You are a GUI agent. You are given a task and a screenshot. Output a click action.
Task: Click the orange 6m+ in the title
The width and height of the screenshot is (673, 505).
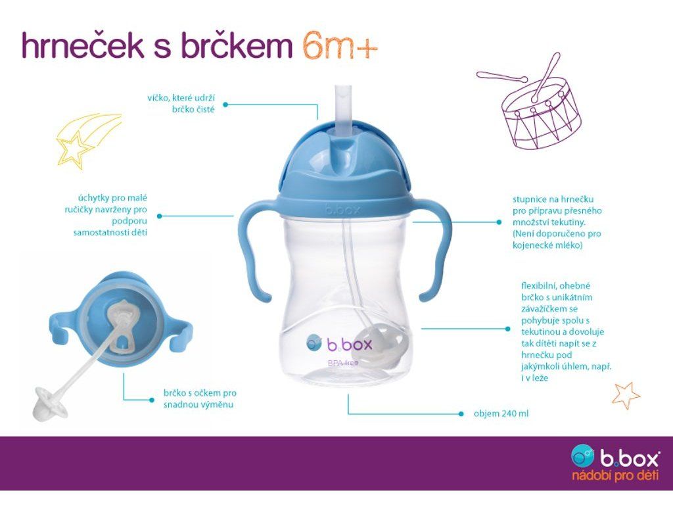pyautogui.click(x=340, y=46)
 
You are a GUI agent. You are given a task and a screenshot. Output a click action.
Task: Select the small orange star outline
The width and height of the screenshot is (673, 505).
pyautogui.click(x=626, y=395)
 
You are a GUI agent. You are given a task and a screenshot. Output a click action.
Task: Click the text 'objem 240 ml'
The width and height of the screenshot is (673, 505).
pyautogui.click(x=501, y=414)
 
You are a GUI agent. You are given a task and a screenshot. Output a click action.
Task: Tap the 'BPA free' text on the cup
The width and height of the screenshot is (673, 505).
pyautogui.click(x=342, y=363)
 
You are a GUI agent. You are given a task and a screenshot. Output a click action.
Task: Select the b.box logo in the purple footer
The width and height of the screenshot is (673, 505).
pyautogui.click(x=615, y=457)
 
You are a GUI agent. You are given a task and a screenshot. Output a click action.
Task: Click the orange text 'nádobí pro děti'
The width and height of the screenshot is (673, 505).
pyautogui.click(x=615, y=475)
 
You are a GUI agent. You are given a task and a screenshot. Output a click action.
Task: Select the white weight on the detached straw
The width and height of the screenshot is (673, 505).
pyautogui.click(x=50, y=403)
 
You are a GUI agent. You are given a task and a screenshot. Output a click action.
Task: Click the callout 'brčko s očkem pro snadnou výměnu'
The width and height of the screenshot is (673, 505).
pyautogui.click(x=200, y=398)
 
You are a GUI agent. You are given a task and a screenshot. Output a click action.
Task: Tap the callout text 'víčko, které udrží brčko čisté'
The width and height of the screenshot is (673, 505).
pyautogui.click(x=181, y=103)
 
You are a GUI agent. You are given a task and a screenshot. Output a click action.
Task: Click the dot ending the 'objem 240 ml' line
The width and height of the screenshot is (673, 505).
pyautogui.click(x=461, y=414)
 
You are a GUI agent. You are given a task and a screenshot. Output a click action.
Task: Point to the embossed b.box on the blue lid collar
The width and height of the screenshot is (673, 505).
pyautogui.click(x=342, y=210)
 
